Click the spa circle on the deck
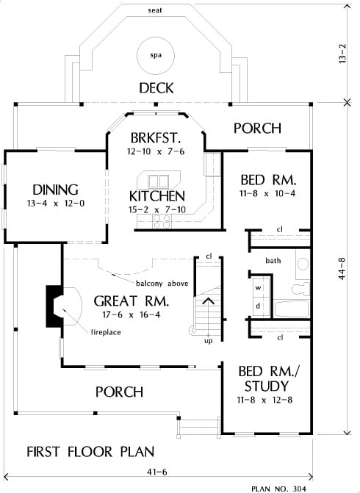(156, 56)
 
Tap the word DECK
(156, 88)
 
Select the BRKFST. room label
(156, 137)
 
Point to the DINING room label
(55, 190)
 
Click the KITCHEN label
(157, 196)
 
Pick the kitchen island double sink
(159, 181)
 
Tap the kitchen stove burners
(162, 221)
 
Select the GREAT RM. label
(132, 301)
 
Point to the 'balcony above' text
(162, 284)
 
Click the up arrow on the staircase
(208, 301)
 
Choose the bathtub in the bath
(292, 309)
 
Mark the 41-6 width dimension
(157, 472)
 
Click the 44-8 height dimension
(342, 268)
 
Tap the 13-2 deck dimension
(342, 54)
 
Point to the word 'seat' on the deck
(155, 10)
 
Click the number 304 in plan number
(299, 489)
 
